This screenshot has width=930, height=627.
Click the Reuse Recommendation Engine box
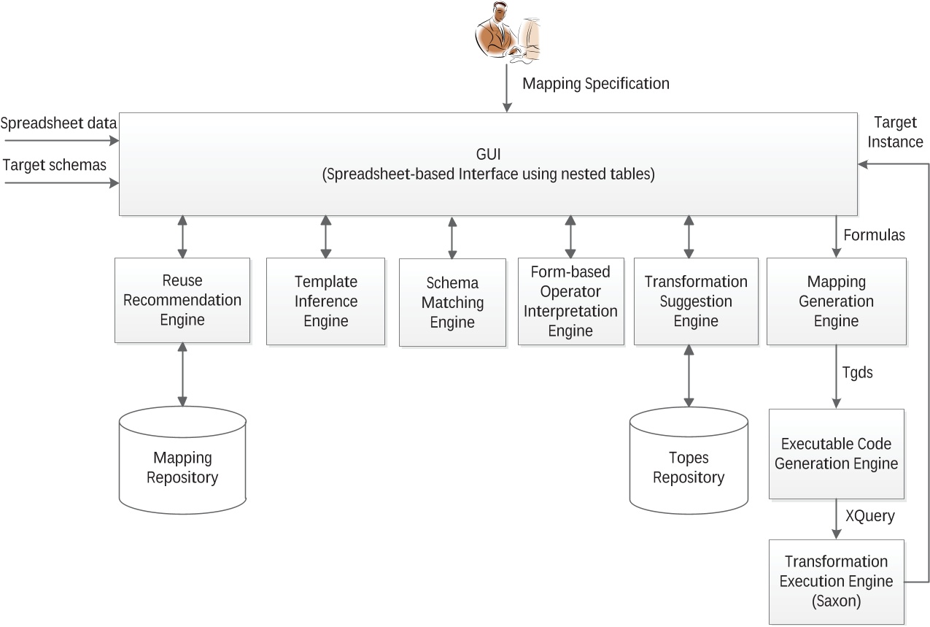(x=182, y=300)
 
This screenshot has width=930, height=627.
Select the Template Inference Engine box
(x=325, y=301)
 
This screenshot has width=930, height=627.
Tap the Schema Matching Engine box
(x=452, y=302)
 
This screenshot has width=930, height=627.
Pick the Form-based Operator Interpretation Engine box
(x=570, y=301)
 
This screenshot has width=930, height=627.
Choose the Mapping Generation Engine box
(x=836, y=301)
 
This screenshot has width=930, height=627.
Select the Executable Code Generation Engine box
(x=836, y=453)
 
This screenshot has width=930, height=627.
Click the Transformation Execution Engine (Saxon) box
(x=836, y=582)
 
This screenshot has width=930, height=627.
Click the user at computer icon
(x=509, y=34)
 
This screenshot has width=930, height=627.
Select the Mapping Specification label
(x=596, y=84)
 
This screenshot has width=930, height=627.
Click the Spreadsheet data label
(x=59, y=123)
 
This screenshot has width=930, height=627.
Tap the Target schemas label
(x=55, y=165)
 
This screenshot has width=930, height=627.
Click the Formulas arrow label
(x=874, y=235)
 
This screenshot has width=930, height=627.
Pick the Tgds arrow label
(x=858, y=372)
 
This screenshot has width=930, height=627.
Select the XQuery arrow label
(x=869, y=515)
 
